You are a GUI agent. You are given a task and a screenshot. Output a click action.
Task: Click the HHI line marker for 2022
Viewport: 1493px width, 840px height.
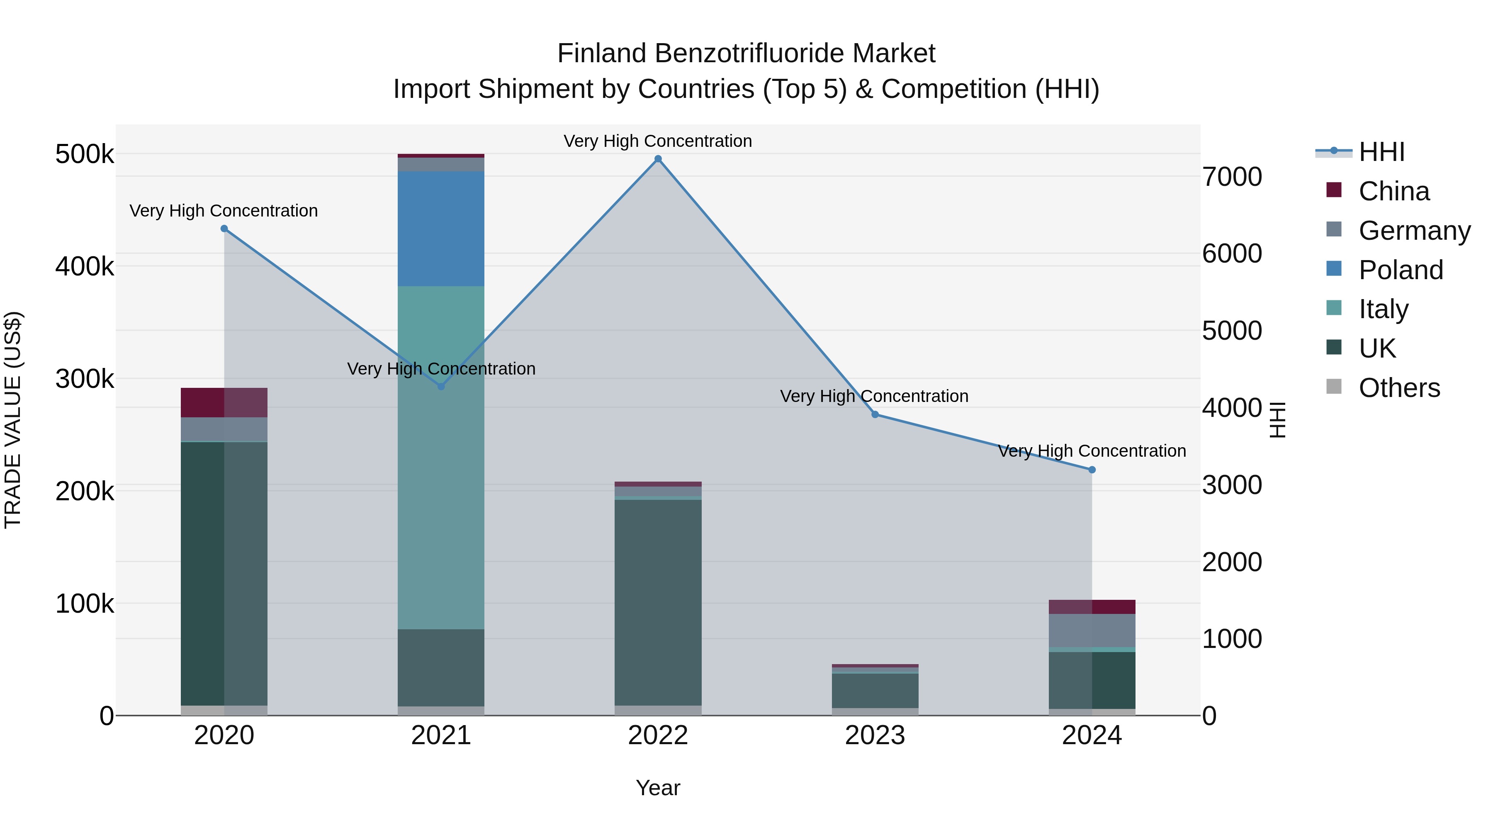coord(658,159)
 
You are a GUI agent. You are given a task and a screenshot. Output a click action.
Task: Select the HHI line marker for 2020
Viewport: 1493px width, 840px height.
coord(224,229)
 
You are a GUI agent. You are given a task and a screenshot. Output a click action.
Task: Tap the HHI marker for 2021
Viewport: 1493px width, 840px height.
coord(441,386)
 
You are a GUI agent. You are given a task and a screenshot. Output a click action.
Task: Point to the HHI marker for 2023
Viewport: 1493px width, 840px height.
coord(875,414)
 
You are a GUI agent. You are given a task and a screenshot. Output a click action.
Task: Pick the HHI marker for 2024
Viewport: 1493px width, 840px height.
coord(1092,470)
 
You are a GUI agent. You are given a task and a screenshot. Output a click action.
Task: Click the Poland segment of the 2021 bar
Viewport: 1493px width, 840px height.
coord(441,229)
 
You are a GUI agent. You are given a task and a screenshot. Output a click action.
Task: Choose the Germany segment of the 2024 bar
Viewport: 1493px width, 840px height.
coord(1092,630)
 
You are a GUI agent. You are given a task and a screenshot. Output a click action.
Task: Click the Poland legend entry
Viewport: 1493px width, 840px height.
coord(1400,270)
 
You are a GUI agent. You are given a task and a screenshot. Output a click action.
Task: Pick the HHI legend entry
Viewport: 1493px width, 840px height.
coord(1381,152)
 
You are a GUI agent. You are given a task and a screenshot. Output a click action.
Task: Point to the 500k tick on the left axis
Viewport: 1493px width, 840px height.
coord(85,155)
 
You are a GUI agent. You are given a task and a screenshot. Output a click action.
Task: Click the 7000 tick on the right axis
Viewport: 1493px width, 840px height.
coord(1232,177)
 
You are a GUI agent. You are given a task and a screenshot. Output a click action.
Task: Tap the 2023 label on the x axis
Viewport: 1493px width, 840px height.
coord(875,735)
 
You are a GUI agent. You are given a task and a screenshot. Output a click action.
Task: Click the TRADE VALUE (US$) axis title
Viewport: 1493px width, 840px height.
coord(13,420)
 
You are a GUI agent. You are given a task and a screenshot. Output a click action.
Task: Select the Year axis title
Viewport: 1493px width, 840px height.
coord(658,788)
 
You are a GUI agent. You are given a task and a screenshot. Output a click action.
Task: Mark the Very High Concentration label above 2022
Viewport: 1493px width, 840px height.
coord(658,141)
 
